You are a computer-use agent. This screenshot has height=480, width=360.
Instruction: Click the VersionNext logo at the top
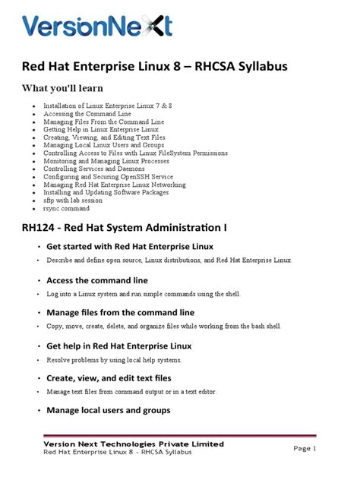point(97,27)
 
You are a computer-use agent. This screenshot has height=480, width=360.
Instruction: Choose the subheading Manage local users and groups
point(109,411)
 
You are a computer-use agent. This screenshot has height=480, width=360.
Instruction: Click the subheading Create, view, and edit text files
point(109,377)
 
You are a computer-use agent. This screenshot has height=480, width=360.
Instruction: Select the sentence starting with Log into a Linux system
point(142,294)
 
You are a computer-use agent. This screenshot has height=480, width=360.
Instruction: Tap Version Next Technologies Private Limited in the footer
point(133,443)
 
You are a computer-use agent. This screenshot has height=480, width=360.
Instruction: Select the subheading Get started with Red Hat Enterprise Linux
point(130,247)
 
